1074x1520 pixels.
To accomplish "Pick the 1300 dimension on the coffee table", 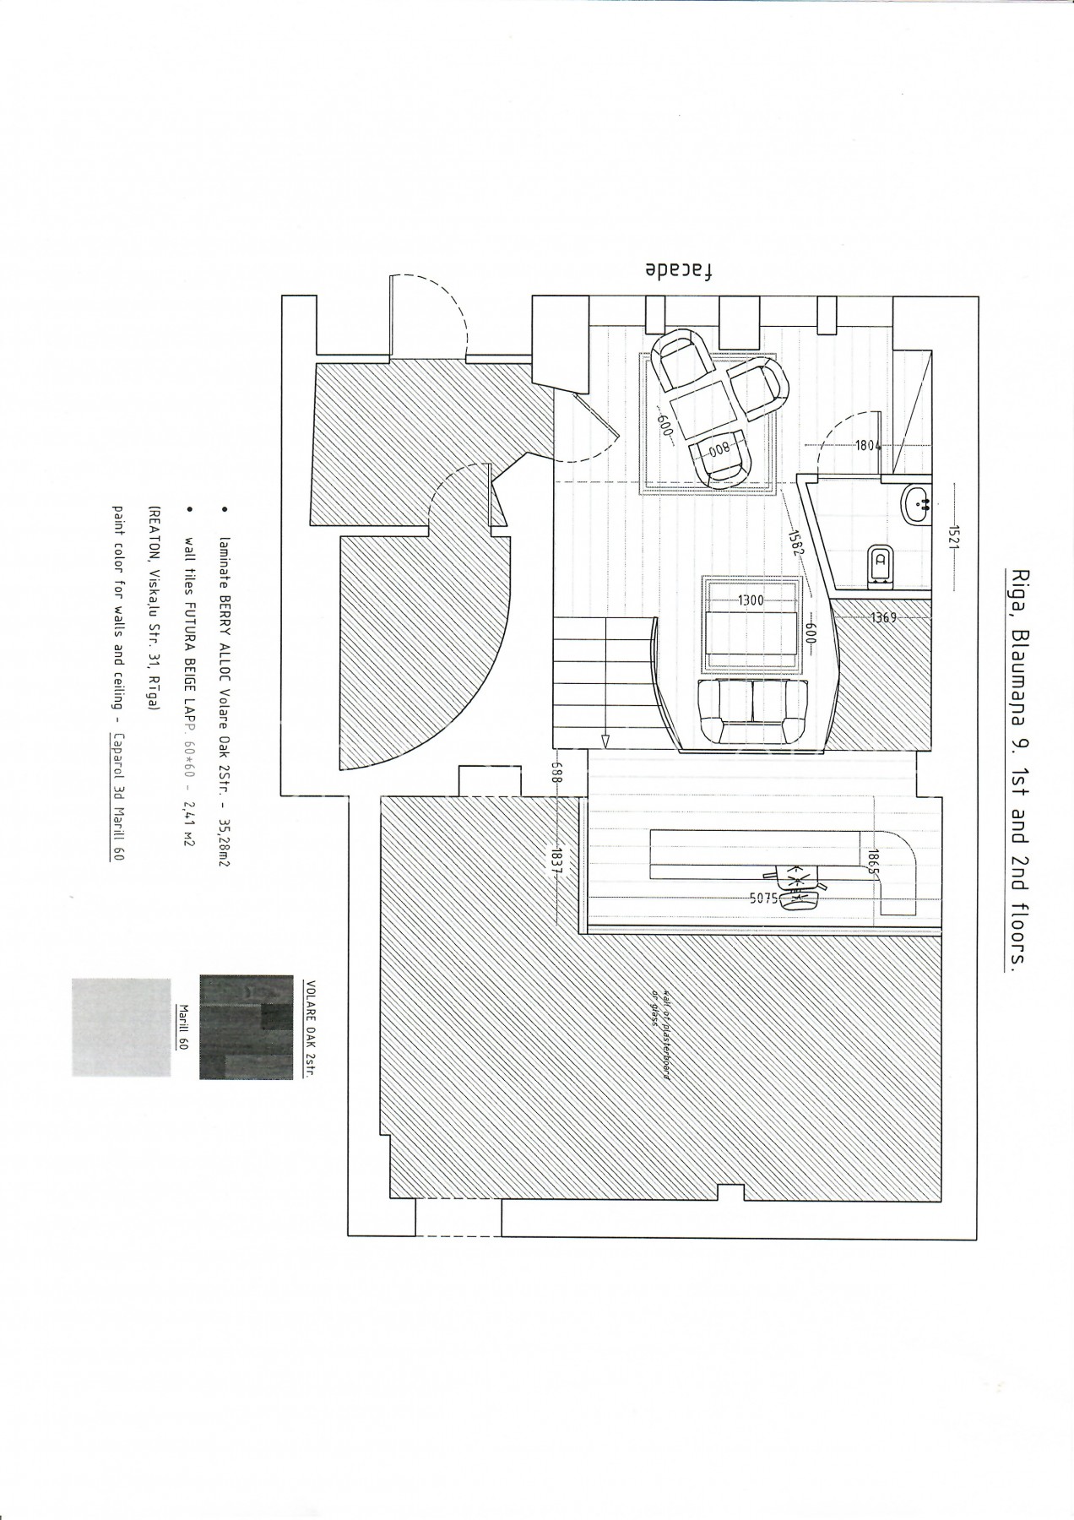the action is coord(751,600).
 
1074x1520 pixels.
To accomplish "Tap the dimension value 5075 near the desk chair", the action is coord(764,898).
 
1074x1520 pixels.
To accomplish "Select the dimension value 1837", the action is coord(557,862).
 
